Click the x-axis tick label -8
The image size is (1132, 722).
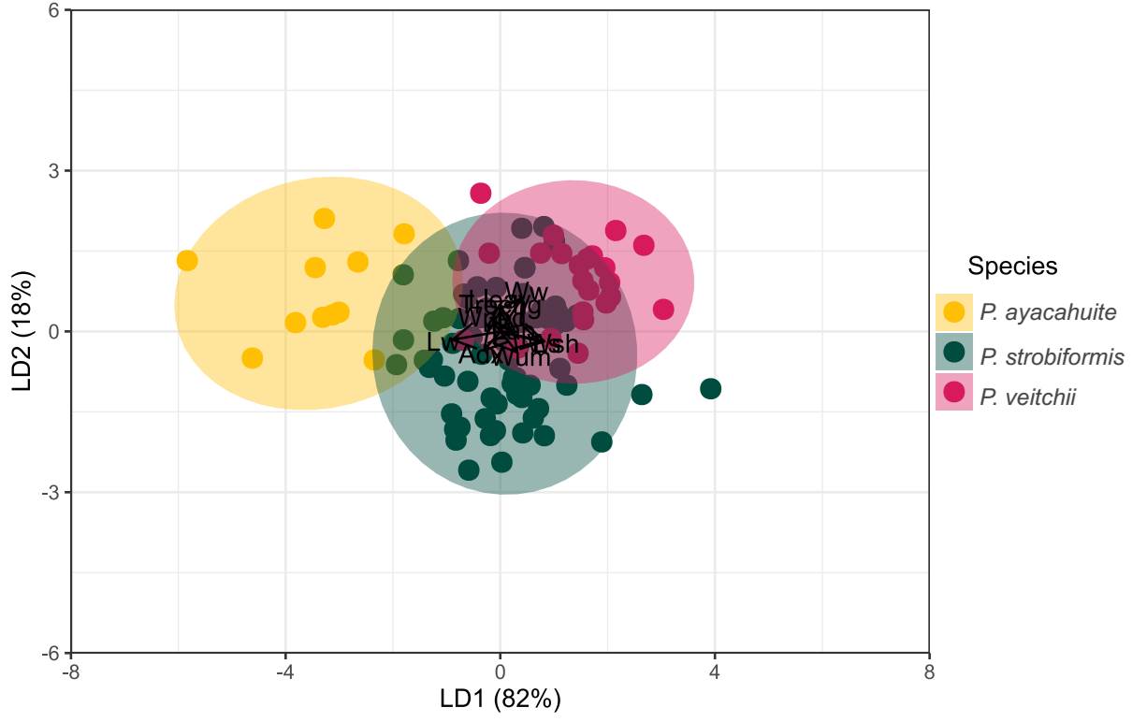71,671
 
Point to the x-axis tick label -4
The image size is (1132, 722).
285,671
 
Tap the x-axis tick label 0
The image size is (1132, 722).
501,671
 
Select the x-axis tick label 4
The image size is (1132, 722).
715,671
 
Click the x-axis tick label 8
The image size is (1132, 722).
929,671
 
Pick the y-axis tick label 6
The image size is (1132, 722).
53,10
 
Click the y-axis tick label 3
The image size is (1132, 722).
53,171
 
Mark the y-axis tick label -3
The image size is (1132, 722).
51,493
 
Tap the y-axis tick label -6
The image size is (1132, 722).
51,653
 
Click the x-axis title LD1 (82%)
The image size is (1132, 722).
500,700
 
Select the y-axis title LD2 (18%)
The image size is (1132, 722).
22,331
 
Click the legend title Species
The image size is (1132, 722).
1012,267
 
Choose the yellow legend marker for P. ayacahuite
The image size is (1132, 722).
954,311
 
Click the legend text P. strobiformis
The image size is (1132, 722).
1052,356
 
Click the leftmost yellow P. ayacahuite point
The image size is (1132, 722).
187,260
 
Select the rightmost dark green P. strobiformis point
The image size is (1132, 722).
710,388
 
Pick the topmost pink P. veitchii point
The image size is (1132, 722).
481,193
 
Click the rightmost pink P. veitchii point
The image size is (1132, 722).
663,309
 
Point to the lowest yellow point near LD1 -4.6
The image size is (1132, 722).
252,357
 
